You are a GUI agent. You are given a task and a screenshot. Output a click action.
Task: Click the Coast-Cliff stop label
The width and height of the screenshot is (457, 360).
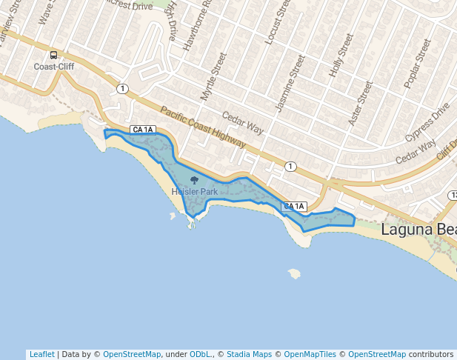point(54,67)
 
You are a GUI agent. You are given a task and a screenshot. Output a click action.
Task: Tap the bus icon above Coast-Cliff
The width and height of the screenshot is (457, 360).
point(53,56)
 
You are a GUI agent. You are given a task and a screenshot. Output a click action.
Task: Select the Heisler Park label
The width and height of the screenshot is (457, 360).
point(195,192)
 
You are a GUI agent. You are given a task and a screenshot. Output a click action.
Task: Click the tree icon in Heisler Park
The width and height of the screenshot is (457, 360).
point(195,180)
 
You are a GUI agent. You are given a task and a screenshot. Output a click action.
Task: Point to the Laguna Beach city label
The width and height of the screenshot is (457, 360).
point(418,230)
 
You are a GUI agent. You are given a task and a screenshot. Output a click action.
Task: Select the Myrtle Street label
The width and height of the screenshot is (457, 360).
point(213,76)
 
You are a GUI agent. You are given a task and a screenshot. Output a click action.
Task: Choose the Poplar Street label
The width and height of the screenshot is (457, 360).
point(417,64)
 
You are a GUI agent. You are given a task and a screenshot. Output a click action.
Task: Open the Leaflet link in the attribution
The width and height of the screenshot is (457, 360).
point(41,354)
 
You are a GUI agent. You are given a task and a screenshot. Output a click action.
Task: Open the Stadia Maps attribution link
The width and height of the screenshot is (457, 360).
point(249,354)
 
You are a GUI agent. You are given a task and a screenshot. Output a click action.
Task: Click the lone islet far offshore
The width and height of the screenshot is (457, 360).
point(295,273)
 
